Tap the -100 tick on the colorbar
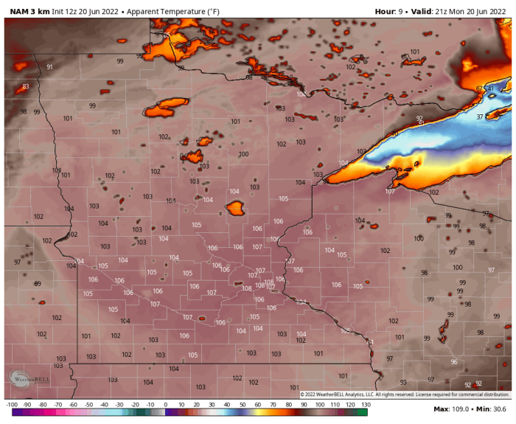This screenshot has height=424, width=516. coord(12,405)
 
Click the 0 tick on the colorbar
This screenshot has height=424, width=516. coord(165,405)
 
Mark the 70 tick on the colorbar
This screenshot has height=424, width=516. coord(273,405)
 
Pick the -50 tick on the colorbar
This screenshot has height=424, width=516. coord(88,405)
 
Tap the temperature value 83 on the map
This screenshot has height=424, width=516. coord(26,86)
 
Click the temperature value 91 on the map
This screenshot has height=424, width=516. coord(49,67)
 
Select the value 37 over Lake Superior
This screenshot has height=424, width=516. coord(480,117)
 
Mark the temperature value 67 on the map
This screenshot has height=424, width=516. coord(479,88)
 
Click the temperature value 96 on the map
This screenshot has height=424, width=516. coord(454,362)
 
